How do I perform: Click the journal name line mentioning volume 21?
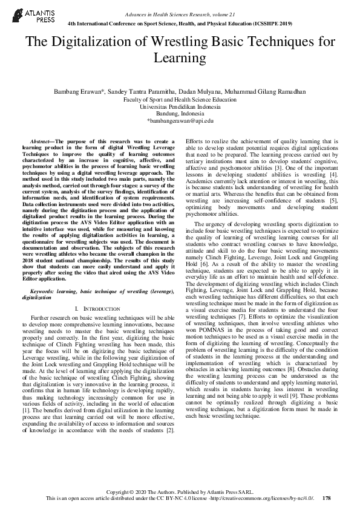pyautogui.click(x=180, y=13)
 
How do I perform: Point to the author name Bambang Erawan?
pyautogui.click(x=76, y=92)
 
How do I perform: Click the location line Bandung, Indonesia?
pyautogui.click(x=180, y=114)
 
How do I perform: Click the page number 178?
pyautogui.click(x=327, y=498)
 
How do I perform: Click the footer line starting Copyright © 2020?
pyautogui.click(x=180, y=492)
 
